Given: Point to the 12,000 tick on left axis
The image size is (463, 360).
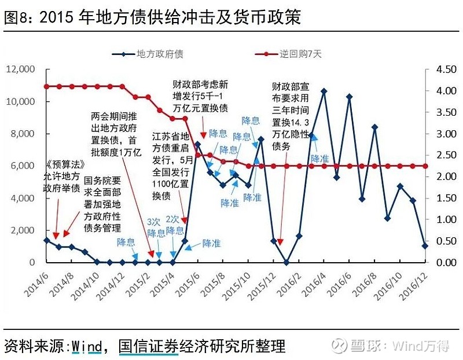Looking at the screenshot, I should pyautogui.click(x=21, y=69).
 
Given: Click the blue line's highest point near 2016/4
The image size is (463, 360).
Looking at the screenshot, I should pyautogui.click(x=324, y=91).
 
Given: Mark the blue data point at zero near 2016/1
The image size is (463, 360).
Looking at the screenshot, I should pyautogui.click(x=286, y=262).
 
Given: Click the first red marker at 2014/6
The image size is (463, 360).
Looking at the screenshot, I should pyautogui.click(x=46, y=86).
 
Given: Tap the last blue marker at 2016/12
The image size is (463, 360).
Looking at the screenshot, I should pyautogui.click(x=425, y=246).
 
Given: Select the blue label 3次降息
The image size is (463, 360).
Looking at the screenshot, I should pyautogui.click(x=155, y=227).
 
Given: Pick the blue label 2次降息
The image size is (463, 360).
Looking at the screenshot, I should pyautogui.click(x=174, y=225).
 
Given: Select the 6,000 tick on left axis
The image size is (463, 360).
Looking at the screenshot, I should pyautogui.click(x=24, y=166).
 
